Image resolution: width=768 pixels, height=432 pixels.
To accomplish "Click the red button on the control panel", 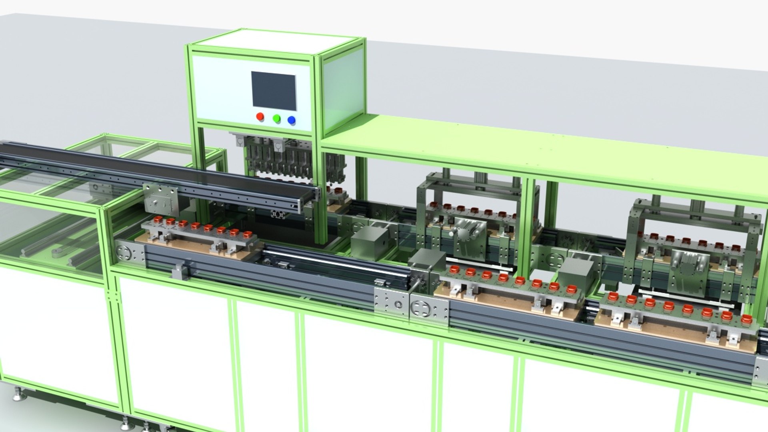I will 260,116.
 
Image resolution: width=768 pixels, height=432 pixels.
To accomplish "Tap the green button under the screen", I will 276,118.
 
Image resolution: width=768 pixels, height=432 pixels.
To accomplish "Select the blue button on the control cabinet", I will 292,120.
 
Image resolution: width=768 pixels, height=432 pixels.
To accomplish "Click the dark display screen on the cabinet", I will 274,91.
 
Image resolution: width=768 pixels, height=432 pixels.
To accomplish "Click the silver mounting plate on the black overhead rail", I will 160,199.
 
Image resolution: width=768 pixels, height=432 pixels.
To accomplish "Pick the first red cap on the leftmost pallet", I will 158,219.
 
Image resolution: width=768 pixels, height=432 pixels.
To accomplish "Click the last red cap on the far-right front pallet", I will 746,319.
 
